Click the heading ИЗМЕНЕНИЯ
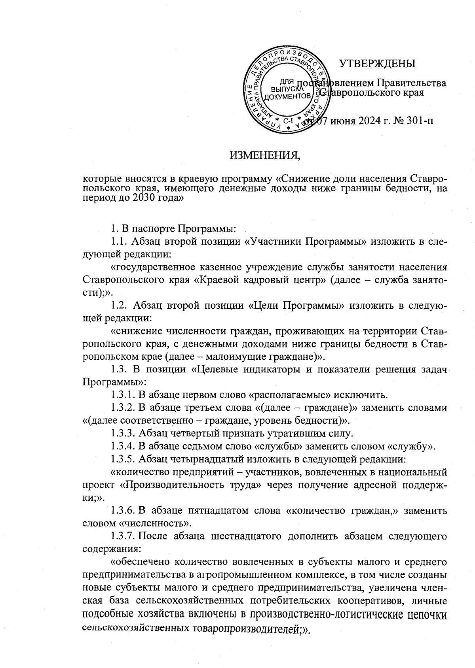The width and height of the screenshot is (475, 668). tap(265, 155)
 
